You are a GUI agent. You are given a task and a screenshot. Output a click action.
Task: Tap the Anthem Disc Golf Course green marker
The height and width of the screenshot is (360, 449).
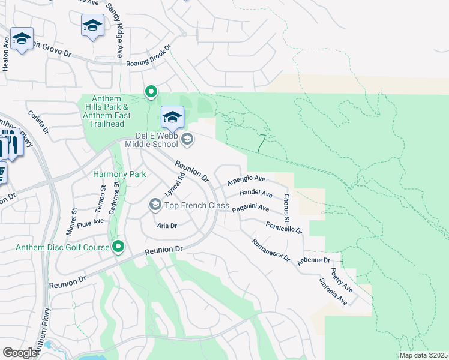pyautogui.click(x=118, y=246)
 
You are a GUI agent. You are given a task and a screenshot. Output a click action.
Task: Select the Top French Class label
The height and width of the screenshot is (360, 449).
pyautogui.click(x=197, y=206)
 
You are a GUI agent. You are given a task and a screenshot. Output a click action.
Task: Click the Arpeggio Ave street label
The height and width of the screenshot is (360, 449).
pyautogui.click(x=246, y=179)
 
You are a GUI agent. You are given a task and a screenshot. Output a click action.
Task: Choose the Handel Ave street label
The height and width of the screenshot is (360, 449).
pyautogui.click(x=256, y=193)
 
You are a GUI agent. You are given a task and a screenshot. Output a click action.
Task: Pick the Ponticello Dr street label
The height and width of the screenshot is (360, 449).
pyautogui.click(x=283, y=226)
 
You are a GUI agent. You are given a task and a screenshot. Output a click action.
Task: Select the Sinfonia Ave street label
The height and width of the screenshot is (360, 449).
pyautogui.click(x=333, y=291)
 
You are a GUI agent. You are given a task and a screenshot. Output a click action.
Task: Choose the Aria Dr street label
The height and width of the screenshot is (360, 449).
pyautogui.click(x=166, y=226)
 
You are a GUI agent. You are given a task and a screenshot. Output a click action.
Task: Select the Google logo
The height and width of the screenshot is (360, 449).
pyautogui.click(x=20, y=353)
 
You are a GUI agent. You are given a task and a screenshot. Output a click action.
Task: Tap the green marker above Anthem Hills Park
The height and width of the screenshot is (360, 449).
pyautogui.click(x=151, y=92)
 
